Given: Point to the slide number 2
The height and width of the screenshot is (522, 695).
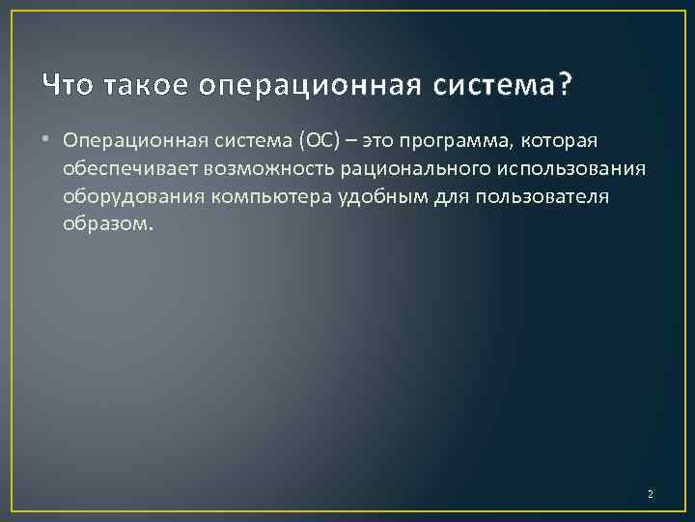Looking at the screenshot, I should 650,494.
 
